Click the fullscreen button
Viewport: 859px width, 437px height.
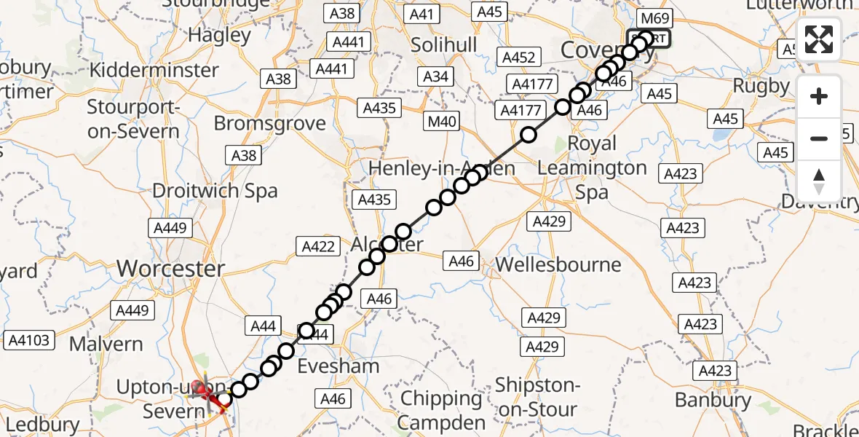(x=819, y=39)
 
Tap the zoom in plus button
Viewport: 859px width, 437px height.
(x=819, y=96)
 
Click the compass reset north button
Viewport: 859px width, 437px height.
(x=819, y=181)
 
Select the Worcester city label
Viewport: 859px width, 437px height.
(x=170, y=269)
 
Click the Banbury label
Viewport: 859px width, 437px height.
(x=713, y=400)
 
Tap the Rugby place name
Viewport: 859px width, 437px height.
(x=761, y=86)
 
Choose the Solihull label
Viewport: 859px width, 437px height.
(x=444, y=45)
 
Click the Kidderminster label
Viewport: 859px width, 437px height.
(x=153, y=71)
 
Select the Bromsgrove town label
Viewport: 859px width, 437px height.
(x=269, y=123)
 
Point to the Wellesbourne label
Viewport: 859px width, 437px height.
(x=558, y=264)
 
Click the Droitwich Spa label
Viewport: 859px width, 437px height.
(x=215, y=191)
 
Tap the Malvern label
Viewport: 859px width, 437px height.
(x=106, y=343)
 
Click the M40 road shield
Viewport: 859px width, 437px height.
(x=442, y=122)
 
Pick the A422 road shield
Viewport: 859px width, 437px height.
(x=318, y=247)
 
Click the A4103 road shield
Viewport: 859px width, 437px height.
(x=29, y=339)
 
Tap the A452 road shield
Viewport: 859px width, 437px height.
(x=518, y=58)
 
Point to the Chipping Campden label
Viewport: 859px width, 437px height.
(x=441, y=410)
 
